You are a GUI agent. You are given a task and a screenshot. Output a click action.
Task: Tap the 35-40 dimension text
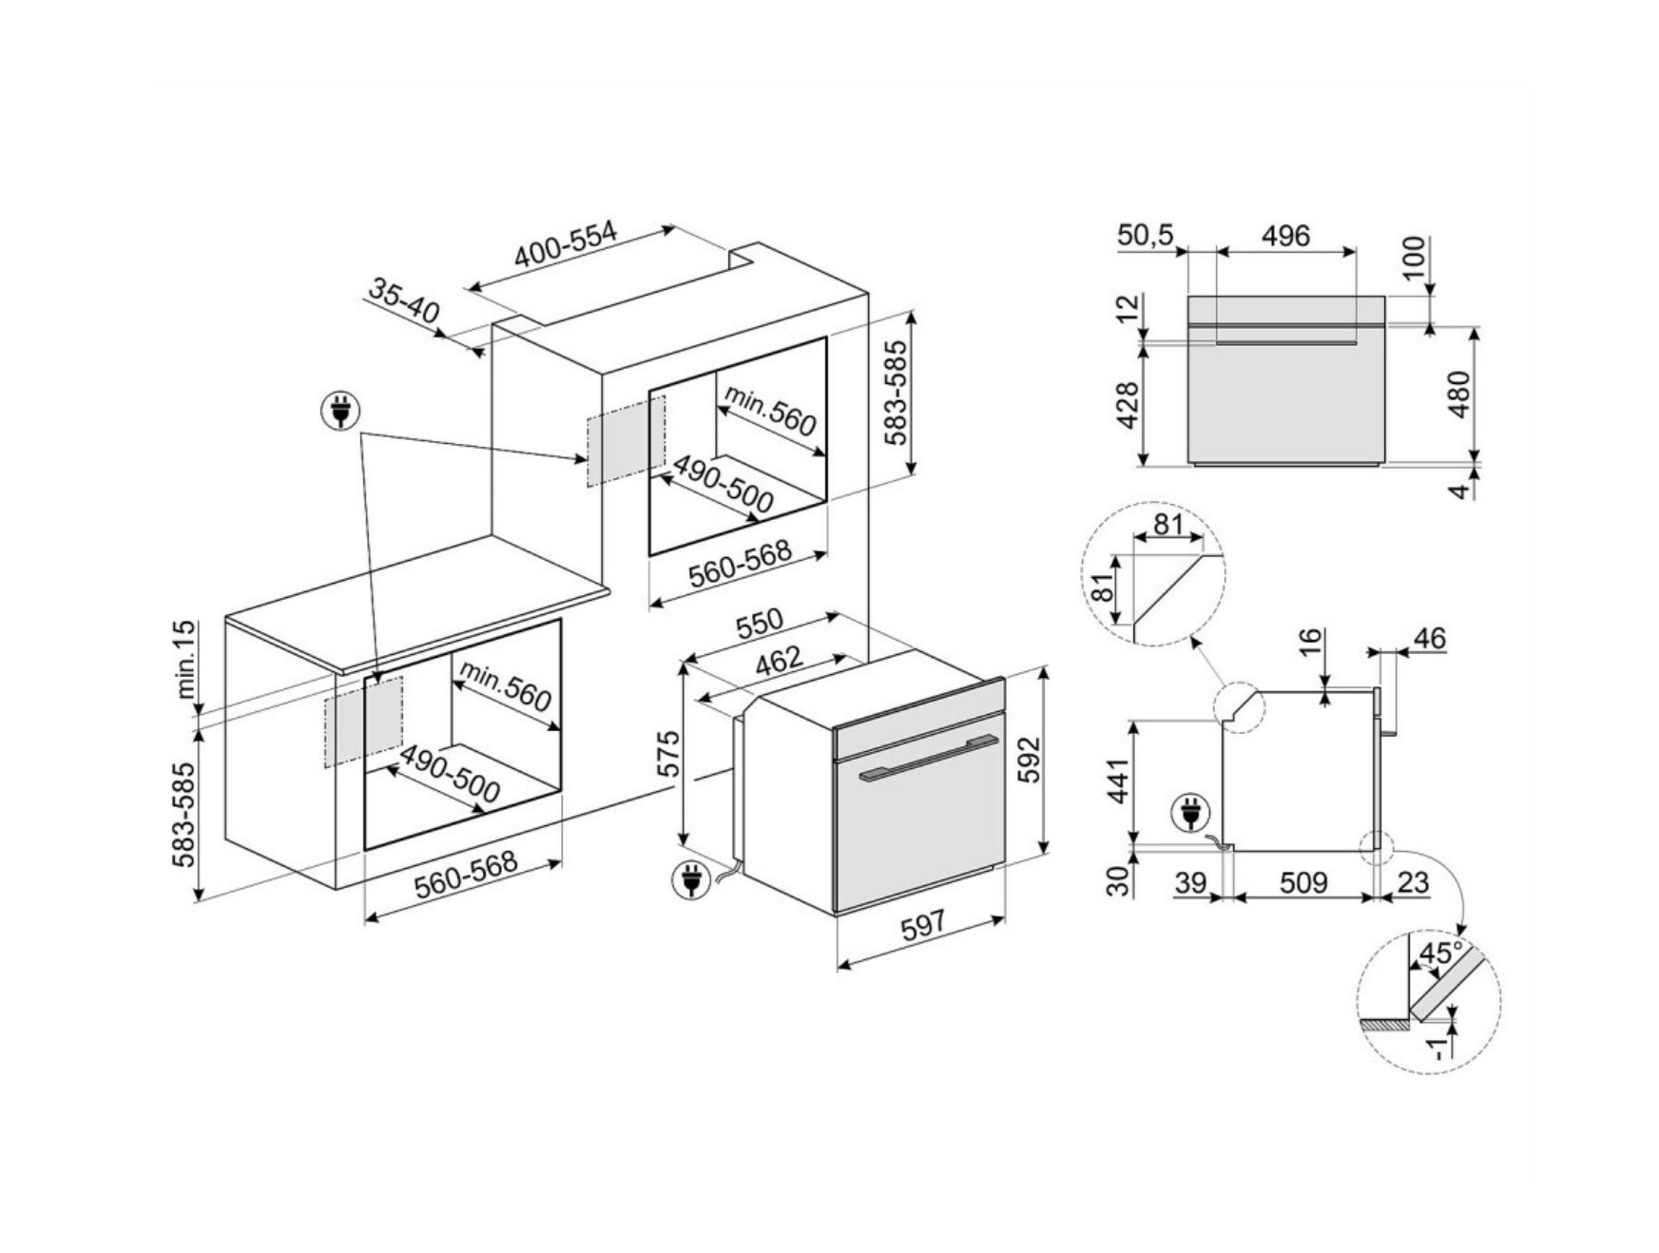404,300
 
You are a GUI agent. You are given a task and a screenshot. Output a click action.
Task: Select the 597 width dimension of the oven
922,924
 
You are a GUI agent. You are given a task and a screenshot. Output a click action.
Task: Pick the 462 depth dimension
779,660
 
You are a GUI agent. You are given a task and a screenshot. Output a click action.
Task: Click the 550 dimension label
760,623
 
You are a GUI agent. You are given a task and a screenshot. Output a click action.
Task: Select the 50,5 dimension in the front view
1145,235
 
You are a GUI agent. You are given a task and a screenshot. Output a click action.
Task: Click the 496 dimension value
1285,235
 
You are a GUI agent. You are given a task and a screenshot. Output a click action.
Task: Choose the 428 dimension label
1127,405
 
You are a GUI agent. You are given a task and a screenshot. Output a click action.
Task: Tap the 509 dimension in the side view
1303,882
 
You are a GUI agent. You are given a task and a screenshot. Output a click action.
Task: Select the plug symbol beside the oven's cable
689,879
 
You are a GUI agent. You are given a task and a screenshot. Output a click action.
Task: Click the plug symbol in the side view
1189,813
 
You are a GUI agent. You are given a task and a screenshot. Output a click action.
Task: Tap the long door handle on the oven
928,757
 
